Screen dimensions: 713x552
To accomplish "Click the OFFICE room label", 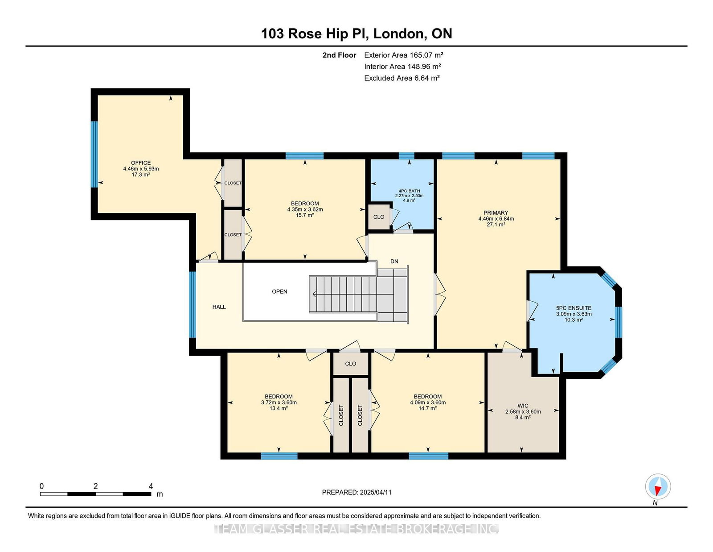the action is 141,162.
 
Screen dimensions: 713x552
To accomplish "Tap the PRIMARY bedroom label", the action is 496,212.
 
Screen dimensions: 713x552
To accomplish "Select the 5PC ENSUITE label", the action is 574,308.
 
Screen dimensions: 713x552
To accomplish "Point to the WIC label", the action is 523,406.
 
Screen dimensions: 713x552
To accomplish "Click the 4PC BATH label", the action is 409,191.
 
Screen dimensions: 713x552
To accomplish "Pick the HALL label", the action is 219,307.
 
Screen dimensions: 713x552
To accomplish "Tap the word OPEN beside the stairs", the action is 279,291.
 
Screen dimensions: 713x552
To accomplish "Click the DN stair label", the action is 394,261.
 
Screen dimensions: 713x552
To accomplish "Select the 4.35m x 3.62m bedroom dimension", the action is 305,209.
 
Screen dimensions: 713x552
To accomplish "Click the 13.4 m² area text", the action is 279,408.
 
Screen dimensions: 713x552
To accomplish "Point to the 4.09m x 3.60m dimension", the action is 427,403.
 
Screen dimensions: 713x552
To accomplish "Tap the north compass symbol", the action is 658,486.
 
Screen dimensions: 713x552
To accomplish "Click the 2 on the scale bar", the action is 95,486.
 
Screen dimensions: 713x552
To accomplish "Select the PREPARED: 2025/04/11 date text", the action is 356,492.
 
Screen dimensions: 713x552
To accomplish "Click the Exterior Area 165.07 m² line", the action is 404,55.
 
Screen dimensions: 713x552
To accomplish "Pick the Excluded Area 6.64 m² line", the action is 402,78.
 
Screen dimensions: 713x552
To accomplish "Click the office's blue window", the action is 94,154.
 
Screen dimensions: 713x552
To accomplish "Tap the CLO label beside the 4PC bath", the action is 379,217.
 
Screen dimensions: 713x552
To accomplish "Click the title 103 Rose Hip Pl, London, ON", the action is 356,33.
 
